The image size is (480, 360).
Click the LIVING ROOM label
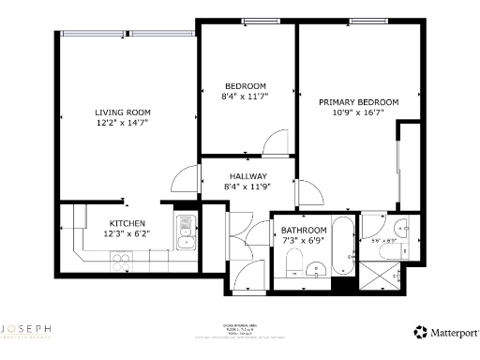coord(122,112)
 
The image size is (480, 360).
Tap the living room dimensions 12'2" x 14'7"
coord(122,123)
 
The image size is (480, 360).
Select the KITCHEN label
coord(127,222)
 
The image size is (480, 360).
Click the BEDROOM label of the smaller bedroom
coord(245,85)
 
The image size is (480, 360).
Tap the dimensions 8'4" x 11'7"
coord(245,97)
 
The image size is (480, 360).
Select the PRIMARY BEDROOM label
coord(358,101)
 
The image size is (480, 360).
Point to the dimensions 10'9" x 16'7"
coord(358,112)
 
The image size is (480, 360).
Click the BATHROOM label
coord(304,230)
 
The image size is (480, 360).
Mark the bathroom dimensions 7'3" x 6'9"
coord(304,241)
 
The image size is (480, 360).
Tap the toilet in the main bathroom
coord(292,271)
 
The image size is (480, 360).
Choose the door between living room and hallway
coord(188,180)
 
